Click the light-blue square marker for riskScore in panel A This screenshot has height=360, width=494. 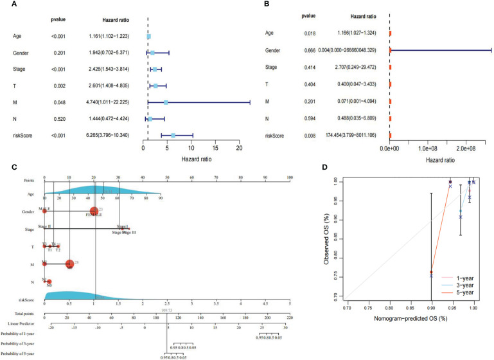[x=173, y=135]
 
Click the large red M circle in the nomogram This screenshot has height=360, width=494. [x=69, y=264]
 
